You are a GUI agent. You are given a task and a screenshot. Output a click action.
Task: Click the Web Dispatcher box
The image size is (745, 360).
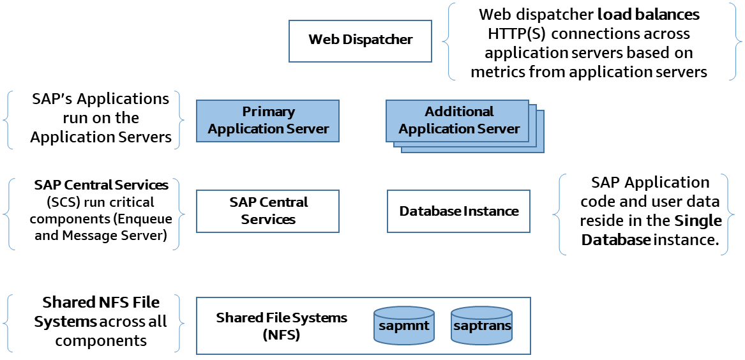click(x=360, y=41)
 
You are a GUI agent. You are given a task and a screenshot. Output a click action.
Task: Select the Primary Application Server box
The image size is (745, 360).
click(x=267, y=121)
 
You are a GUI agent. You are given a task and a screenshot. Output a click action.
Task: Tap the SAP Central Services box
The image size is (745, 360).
click(x=267, y=211)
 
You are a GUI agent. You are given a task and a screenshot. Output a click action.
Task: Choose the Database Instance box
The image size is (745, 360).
click(x=458, y=211)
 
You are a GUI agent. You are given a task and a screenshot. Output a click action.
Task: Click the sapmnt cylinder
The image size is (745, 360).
click(x=404, y=326)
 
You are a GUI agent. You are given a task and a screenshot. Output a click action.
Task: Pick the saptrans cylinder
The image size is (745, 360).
click(x=482, y=326)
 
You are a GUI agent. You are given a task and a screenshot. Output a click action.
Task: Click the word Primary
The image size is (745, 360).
click(x=268, y=112)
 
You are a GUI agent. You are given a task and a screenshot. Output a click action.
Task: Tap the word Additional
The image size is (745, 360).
click(x=459, y=112)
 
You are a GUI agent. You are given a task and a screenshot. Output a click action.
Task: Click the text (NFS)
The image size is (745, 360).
click(x=282, y=334)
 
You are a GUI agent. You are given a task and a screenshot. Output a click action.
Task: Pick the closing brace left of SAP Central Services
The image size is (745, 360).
click(x=178, y=214)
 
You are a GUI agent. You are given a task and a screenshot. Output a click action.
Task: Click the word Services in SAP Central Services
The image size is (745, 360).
click(x=268, y=220)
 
